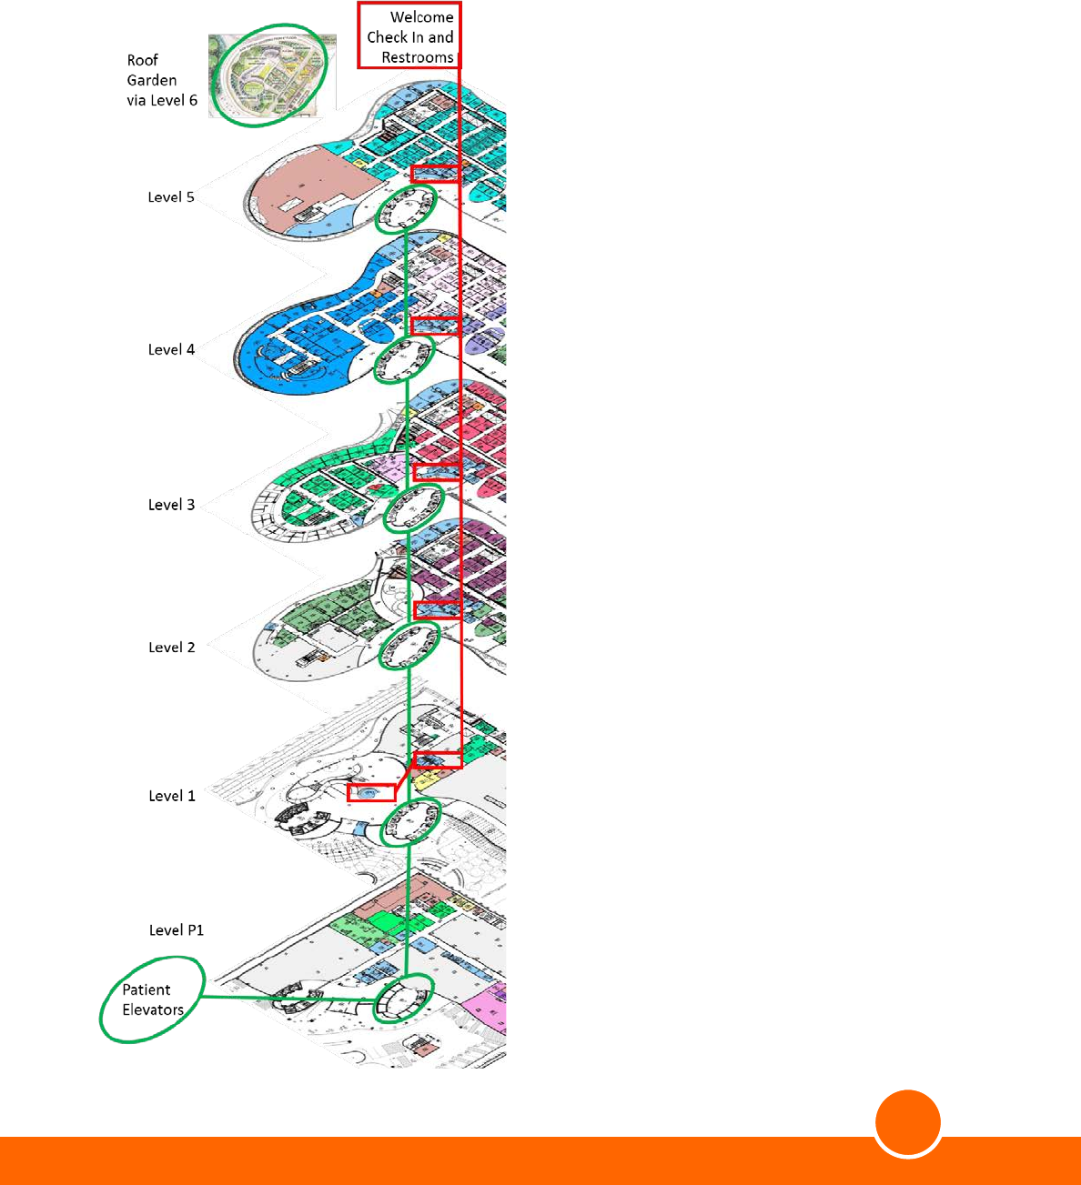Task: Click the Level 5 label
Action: pos(171,197)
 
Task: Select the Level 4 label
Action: pos(171,350)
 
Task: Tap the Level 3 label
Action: pos(171,506)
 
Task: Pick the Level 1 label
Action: pos(171,797)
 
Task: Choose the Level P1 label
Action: pos(177,930)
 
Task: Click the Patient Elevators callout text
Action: pos(152,999)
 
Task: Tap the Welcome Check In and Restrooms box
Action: pos(409,37)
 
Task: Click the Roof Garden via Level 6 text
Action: pos(161,80)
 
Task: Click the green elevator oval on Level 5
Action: pos(406,211)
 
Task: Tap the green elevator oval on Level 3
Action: pos(413,508)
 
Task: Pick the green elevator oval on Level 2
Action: pos(409,647)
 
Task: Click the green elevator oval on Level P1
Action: pos(401,998)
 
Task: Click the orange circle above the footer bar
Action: pos(908,1124)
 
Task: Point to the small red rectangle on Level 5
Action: pos(435,174)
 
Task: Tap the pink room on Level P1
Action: pos(485,1008)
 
